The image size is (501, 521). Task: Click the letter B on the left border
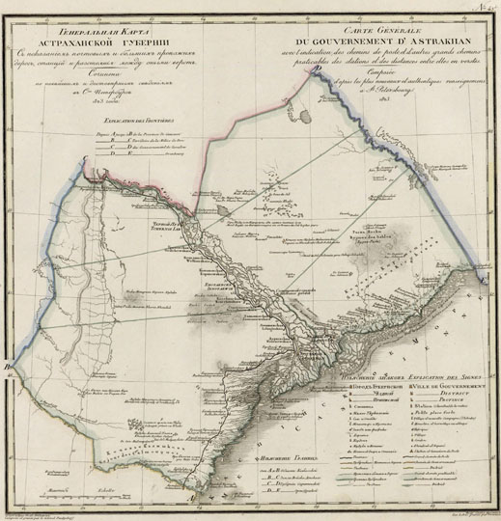(x=9, y=368)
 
